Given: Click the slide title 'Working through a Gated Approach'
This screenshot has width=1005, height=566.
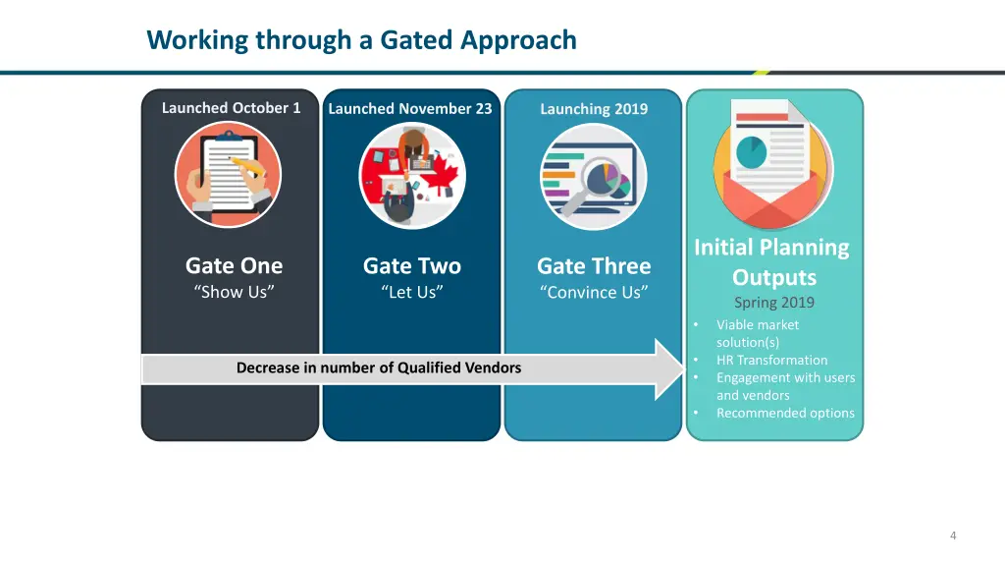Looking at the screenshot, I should click(x=361, y=40).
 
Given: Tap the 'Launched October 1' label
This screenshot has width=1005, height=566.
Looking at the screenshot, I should click(x=231, y=108).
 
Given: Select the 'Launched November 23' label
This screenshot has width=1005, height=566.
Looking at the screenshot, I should click(x=409, y=109).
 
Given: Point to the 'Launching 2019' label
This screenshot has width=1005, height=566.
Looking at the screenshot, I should click(x=593, y=109).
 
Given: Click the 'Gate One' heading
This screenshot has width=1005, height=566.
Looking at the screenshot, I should click(x=234, y=266).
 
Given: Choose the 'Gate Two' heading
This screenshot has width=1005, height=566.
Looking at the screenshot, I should click(x=411, y=266).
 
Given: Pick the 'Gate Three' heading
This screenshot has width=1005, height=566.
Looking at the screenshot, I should click(x=593, y=266).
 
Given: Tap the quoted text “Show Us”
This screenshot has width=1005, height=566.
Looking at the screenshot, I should click(x=234, y=292).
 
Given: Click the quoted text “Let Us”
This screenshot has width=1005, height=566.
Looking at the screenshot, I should click(x=411, y=292).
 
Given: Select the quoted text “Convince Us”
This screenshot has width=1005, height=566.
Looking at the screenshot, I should click(x=593, y=292).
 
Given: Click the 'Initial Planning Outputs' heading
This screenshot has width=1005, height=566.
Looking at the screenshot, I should click(x=772, y=262).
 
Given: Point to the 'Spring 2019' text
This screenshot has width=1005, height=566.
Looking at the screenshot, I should click(x=773, y=303).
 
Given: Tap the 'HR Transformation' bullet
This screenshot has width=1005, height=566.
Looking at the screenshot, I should click(x=771, y=360).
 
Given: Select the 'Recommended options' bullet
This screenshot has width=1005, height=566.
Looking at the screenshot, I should click(x=785, y=413).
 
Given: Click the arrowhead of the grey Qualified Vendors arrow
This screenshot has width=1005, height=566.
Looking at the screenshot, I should click(x=669, y=369).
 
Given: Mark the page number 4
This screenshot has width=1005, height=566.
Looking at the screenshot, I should click(x=952, y=536).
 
